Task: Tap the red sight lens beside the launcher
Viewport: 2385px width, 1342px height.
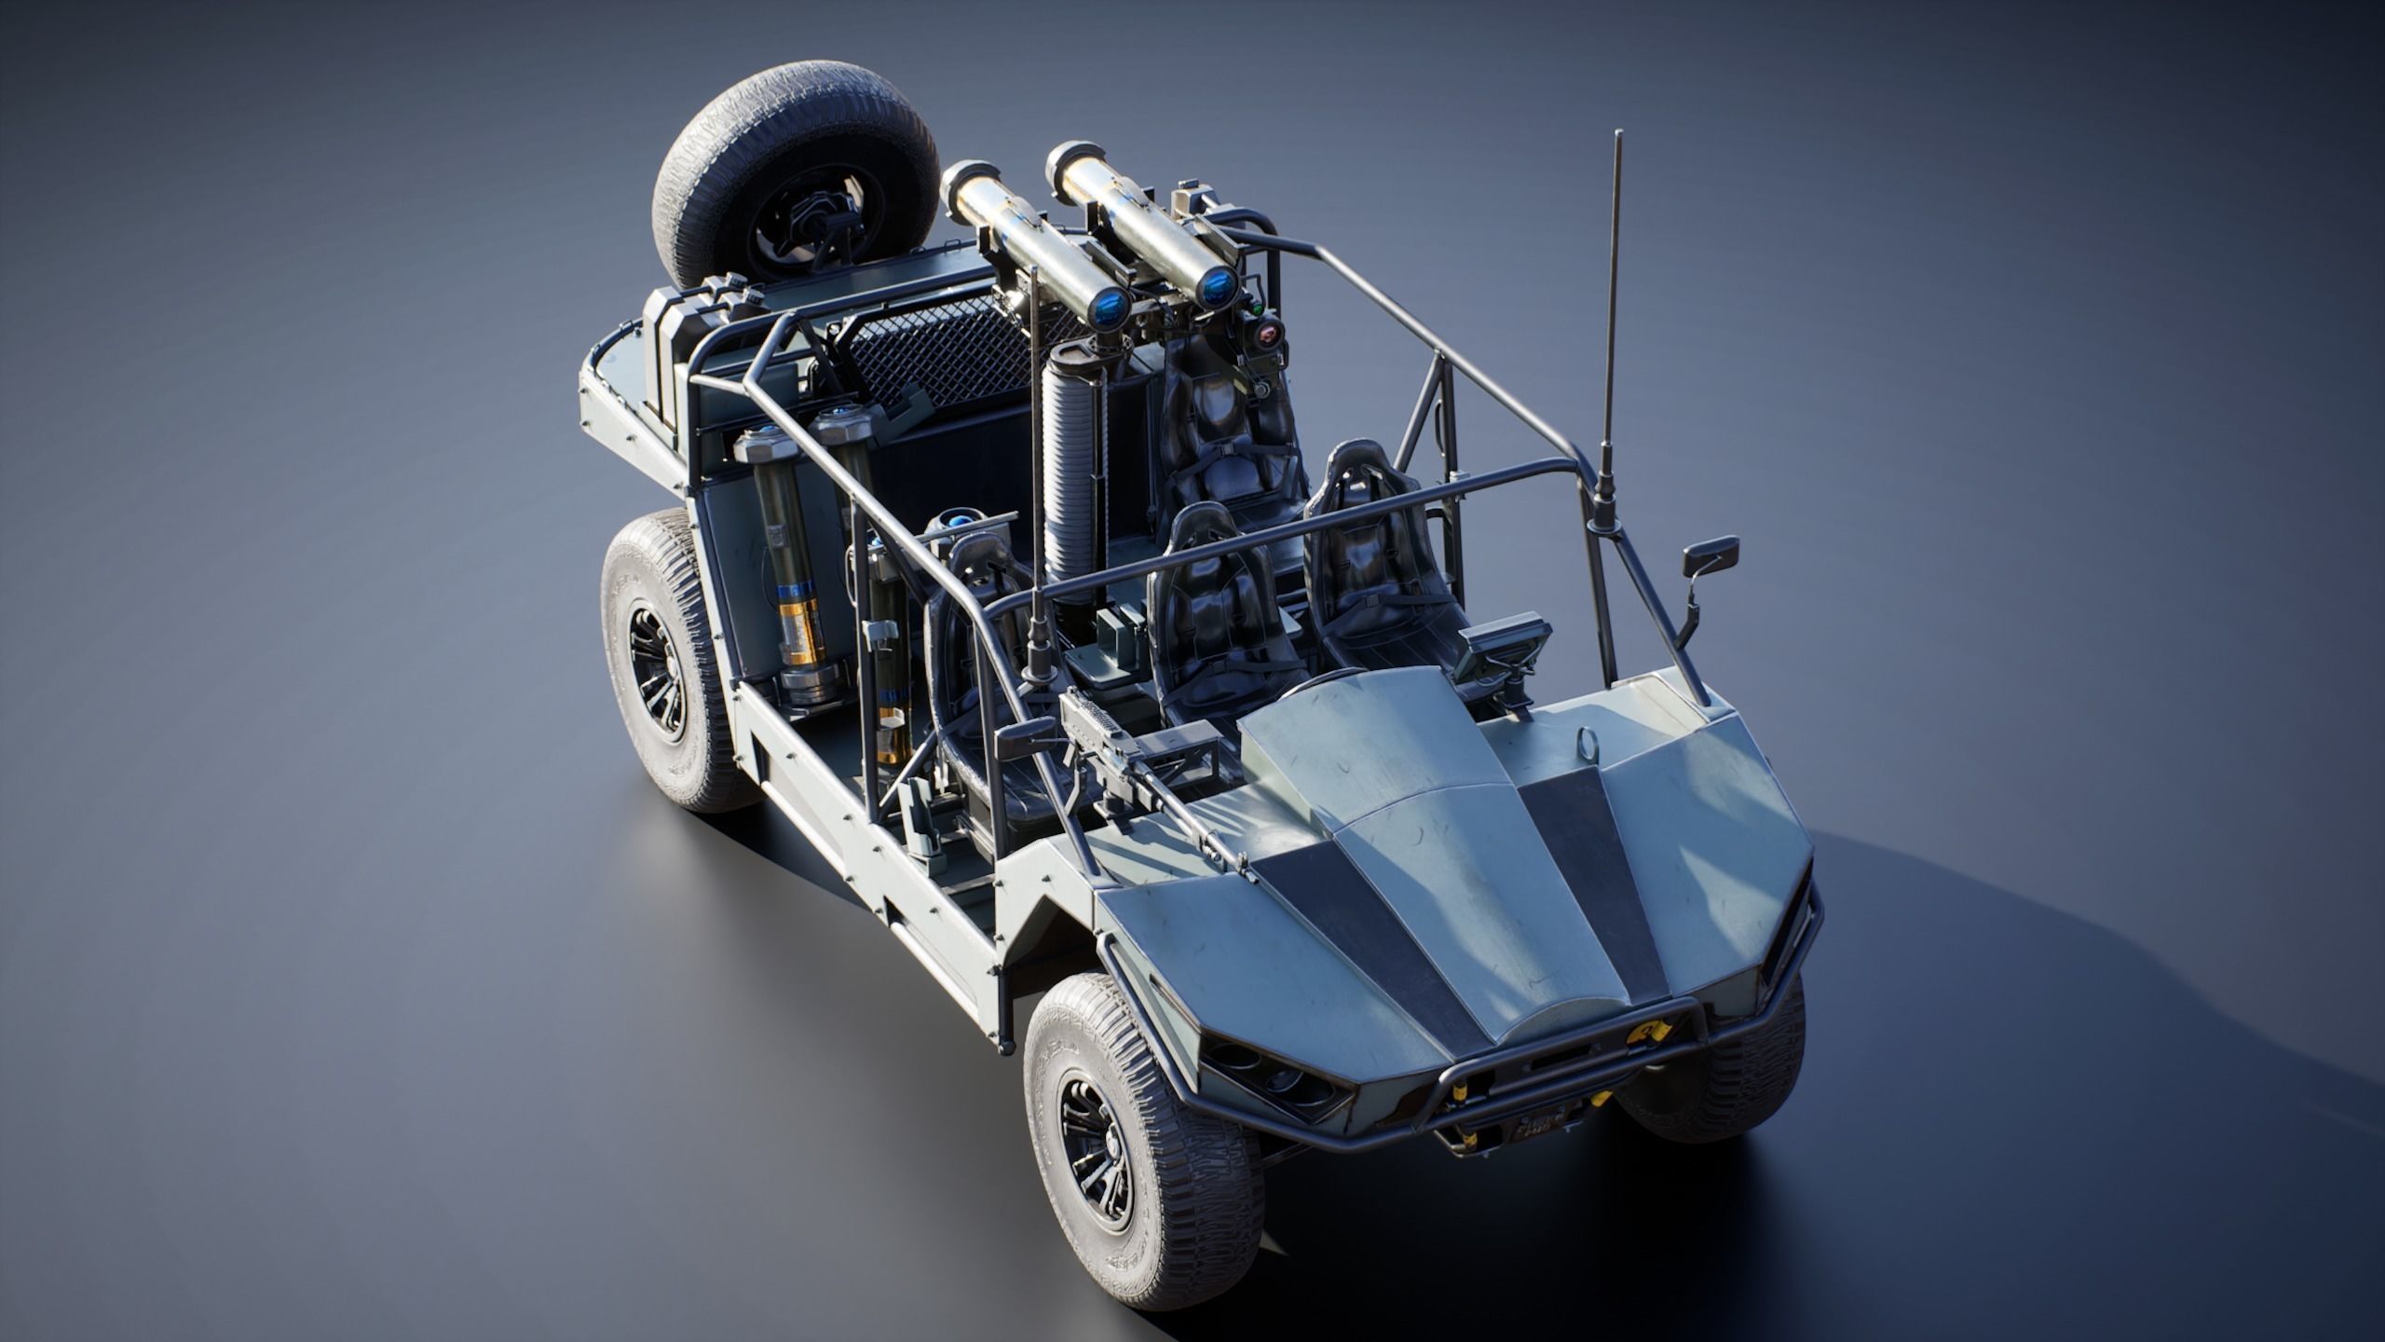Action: pos(1269,359)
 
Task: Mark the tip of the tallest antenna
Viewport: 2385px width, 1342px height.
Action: pos(1616,135)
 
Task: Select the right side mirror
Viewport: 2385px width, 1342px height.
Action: pos(1710,557)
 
